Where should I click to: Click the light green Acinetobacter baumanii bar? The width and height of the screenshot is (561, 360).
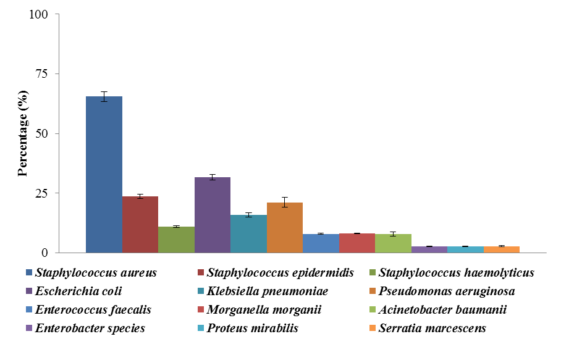coord(393,243)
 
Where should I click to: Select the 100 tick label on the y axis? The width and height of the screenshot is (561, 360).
coord(38,14)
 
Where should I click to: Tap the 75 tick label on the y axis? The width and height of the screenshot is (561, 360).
coord(41,73)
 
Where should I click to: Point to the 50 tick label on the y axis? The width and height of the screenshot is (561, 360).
coord(41,133)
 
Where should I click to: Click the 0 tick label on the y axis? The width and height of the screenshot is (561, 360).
coord(44,253)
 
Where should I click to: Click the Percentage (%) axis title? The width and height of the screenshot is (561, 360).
coord(23,133)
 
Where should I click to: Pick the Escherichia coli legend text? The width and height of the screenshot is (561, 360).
coord(78,291)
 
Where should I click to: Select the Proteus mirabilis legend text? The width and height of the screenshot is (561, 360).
coord(253,328)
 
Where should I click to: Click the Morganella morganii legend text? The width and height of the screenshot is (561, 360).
coord(259,309)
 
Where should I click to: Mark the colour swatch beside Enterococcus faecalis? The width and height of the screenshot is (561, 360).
coord(29,310)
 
